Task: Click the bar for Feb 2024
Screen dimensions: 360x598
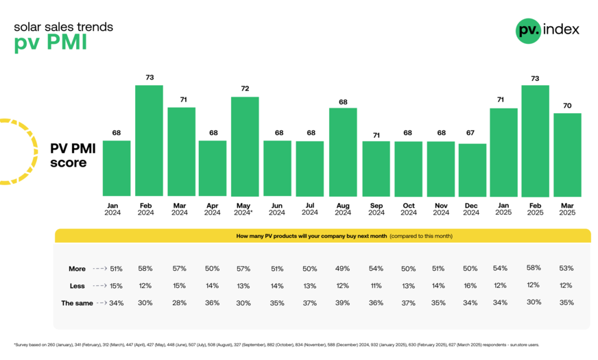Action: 149,141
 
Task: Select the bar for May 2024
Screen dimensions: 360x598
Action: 245,146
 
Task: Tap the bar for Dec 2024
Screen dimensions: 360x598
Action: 472,170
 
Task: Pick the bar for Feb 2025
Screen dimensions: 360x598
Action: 536,141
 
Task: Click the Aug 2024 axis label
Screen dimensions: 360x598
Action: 343,208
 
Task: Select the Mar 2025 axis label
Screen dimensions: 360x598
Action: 567,208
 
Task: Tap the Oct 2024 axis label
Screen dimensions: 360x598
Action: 409,208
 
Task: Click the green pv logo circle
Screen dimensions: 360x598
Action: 528,29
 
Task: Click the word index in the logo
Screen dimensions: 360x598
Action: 562,29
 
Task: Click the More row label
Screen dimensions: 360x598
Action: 77,268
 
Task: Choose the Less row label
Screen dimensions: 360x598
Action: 77,285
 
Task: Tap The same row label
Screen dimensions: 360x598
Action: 77,302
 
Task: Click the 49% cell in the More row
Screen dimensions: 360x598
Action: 343,268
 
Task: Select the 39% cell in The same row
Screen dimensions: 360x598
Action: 343,302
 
